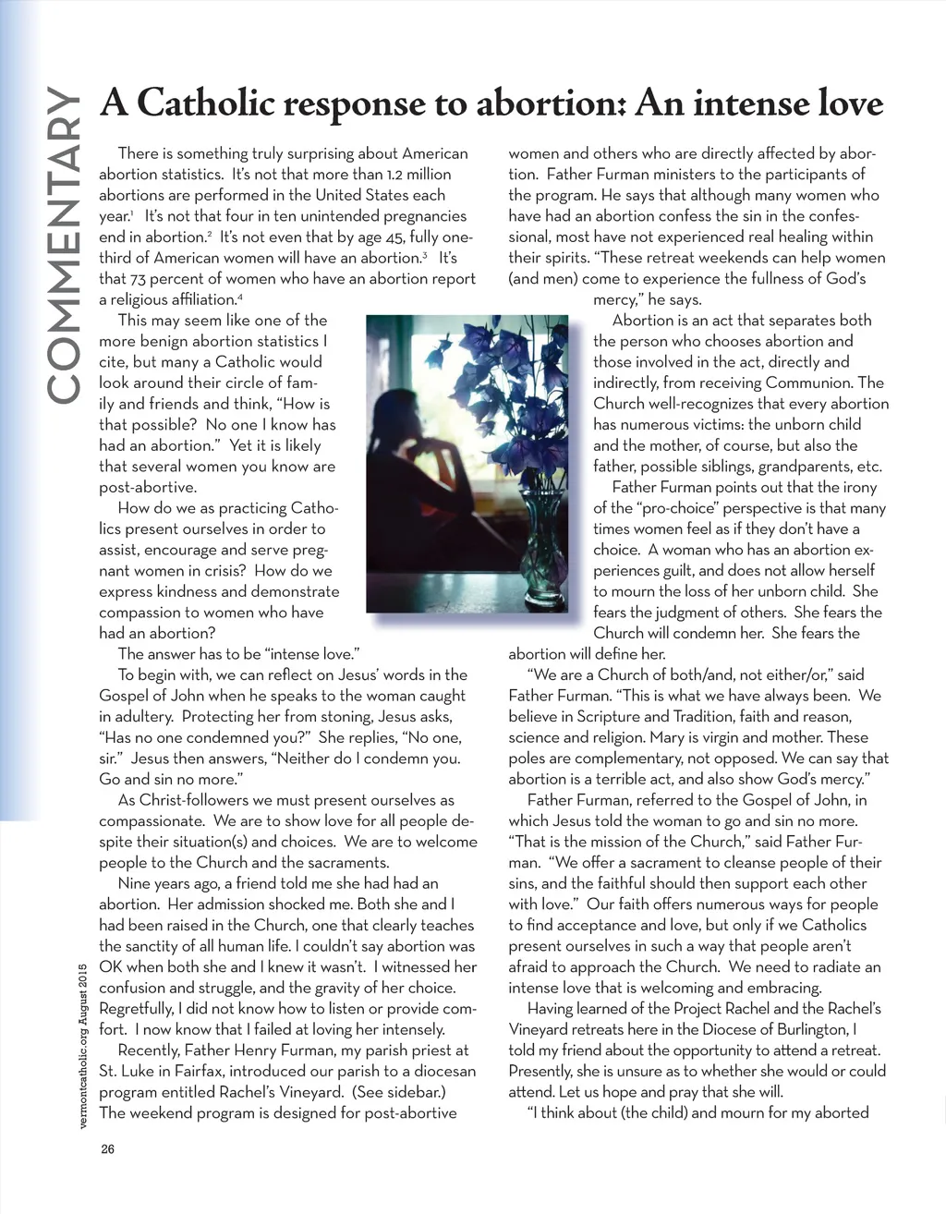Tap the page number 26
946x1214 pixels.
(108, 1150)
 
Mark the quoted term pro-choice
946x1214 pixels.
(674, 508)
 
